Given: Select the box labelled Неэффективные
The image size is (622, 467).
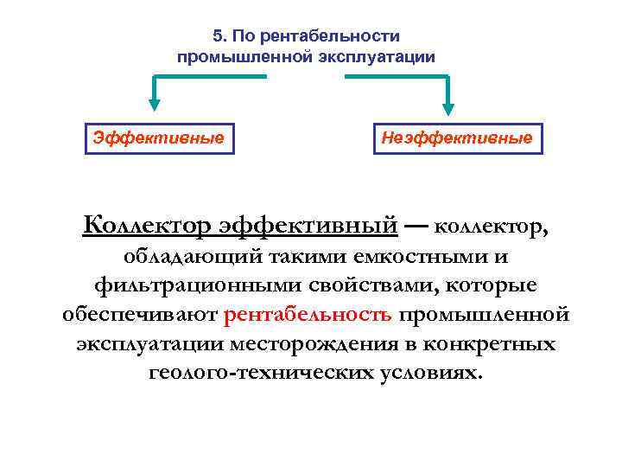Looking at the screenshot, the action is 458,137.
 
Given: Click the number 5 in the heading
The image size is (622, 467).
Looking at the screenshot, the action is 217,36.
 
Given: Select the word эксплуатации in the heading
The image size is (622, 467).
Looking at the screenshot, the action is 373,57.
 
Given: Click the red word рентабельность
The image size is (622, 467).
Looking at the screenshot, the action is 308,315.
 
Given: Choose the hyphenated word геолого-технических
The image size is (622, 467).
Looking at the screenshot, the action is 250,372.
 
